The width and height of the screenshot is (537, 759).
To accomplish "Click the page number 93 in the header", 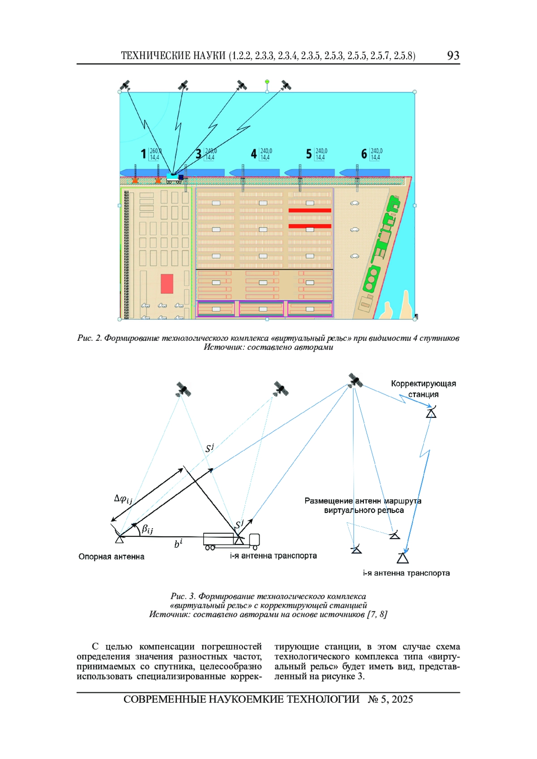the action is tap(453, 55).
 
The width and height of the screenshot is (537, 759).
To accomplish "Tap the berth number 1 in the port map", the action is tap(143, 154).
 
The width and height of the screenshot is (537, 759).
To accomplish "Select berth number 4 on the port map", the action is tap(254, 154).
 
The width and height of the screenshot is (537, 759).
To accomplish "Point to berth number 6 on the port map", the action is tap(364, 154).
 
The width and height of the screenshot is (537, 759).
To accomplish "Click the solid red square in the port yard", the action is tap(167, 284).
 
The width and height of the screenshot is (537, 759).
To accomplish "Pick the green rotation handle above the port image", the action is tap(267, 82).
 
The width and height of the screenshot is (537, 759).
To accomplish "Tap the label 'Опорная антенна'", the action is tap(111, 557).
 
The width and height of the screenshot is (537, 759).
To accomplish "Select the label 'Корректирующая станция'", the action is tap(423, 389).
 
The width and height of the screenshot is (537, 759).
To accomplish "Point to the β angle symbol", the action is tap(147, 529).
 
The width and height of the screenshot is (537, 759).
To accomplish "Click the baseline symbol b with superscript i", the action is tap(178, 544).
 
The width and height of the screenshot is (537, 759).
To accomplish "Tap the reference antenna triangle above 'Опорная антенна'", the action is tap(119, 539).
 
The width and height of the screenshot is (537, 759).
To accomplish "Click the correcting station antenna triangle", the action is tap(431, 413).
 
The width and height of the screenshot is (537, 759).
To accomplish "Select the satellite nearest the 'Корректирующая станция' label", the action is tap(355, 381).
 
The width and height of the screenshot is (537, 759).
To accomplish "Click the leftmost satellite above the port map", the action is tap(125, 85).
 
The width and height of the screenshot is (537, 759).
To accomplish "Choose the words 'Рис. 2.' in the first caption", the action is tap(89, 338).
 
